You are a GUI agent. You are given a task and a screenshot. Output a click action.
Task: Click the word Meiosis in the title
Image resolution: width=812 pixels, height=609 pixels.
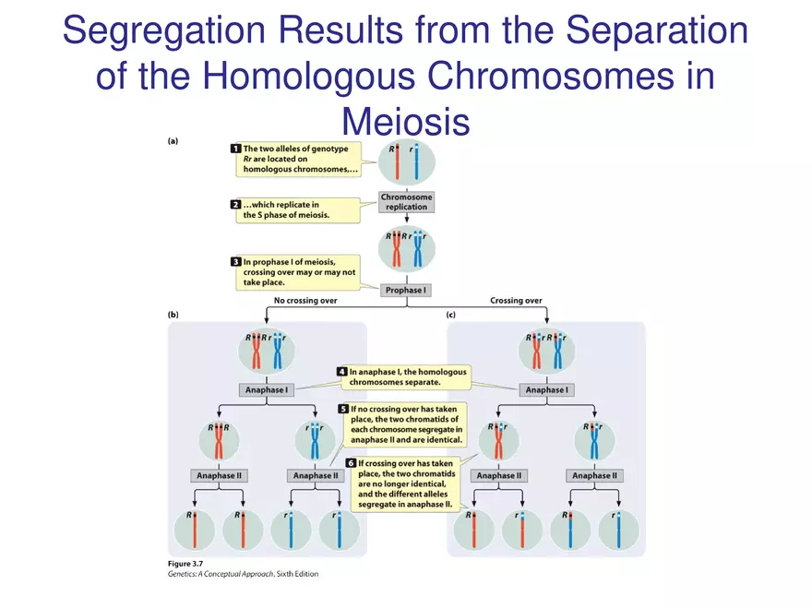coord(406,121)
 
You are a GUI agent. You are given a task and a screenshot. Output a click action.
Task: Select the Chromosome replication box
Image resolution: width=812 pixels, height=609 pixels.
coord(406,202)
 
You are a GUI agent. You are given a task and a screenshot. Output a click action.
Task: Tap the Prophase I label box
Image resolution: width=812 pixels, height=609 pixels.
coord(406,290)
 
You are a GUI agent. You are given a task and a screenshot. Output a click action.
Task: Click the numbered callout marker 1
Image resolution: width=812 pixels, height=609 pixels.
coord(236,147)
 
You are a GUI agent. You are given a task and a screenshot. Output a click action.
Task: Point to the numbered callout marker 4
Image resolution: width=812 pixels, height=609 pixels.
coord(341,372)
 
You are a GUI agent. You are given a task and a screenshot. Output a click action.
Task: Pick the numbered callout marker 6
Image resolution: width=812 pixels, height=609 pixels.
coord(350,462)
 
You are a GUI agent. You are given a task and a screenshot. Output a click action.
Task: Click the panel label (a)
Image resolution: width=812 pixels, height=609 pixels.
coord(173,141)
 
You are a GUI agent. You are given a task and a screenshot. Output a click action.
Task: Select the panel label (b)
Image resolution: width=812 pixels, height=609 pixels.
coord(173,315)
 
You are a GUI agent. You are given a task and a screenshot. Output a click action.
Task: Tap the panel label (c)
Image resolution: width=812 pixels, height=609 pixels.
coord(451,315)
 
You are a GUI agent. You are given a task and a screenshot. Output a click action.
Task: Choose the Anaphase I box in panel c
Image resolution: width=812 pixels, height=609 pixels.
coord(545,389)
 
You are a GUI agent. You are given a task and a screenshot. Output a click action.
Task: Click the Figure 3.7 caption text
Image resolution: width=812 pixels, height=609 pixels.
coord(194,563)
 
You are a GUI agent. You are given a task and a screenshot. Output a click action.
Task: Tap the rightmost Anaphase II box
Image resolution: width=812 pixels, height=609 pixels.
coord(594,476)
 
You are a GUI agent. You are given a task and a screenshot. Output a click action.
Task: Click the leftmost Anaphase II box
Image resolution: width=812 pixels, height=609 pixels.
coord(219,476)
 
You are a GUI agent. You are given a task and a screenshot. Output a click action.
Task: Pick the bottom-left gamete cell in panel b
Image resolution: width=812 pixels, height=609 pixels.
coord(194,529)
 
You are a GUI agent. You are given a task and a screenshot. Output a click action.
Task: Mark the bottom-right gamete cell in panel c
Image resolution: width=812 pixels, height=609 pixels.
coord(618,529)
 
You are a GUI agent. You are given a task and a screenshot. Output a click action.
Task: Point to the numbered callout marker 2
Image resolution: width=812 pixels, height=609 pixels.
coord(236,204)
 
